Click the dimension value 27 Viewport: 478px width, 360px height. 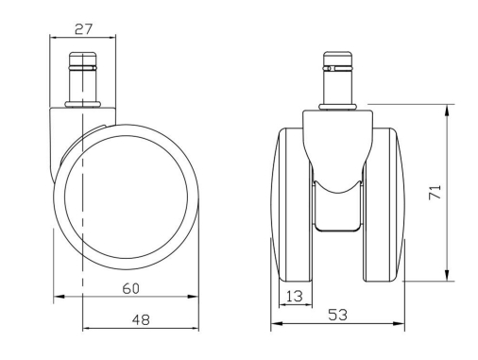(84, 29)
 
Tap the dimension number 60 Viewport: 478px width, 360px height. (131, 288)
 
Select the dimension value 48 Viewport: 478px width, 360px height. (141, 320)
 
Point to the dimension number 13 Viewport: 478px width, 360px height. (295, 296)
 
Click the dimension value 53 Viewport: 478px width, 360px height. (338, 315)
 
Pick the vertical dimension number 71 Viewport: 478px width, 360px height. (435, 192)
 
